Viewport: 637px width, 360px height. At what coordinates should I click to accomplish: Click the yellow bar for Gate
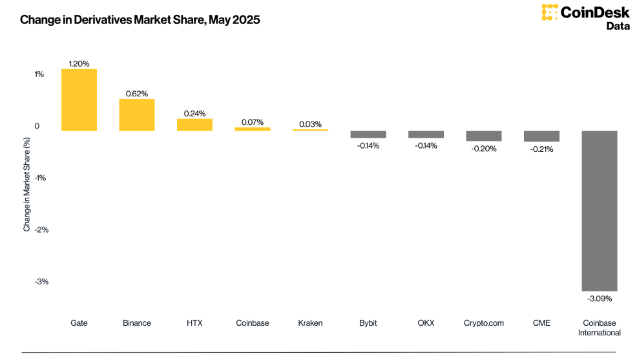(79, 100)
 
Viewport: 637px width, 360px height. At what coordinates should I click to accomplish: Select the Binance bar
(137, 115)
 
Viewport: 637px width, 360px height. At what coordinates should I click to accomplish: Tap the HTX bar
(194, 125)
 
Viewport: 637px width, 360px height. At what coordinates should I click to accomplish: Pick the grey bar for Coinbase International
(600, 211)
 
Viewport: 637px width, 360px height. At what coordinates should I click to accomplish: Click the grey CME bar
(541, 136)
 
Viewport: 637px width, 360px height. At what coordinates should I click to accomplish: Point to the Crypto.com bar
(484, 136)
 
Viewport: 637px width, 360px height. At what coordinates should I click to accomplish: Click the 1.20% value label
(79, 64)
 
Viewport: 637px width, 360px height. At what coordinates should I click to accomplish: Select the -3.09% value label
(600, 299)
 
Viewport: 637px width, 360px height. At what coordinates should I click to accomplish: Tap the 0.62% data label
(137, 94)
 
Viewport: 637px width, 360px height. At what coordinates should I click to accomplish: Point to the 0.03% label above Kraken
(310, 124)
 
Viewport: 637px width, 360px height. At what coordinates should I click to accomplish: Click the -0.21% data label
(541, 149)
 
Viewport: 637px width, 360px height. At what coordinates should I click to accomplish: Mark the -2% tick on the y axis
(41, 229)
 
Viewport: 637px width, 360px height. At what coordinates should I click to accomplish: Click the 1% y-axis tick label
(39, 74)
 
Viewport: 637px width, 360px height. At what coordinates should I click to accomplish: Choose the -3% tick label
(41, 282)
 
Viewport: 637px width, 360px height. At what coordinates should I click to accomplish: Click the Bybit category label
(368, 323)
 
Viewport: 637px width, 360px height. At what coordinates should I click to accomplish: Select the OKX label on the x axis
(426, 323)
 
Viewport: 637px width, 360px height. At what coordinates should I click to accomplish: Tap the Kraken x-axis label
(310, 323)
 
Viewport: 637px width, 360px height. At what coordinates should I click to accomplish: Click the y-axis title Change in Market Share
(27, 184)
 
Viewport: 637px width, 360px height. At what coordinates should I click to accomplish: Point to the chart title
(140, 19)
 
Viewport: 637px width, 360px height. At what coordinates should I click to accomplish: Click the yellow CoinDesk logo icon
(549, 12)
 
